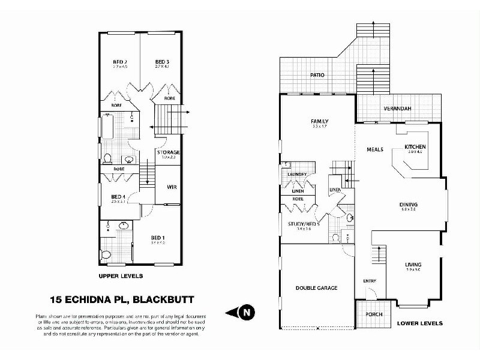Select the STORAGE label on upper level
coord(169,152)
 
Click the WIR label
coord(171,187)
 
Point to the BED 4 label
coord(118,197)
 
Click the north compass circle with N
coord(246,312)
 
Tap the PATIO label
coord(317,76)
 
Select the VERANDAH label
coord(397,109)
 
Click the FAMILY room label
coord(319,122)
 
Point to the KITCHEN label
coord(415,146)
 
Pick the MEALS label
coord(375,149)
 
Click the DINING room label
coord(408,205)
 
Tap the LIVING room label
coord(413,265)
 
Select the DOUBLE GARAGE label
coord(317,288)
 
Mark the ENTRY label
coord(370,281)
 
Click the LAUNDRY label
coord(297,175)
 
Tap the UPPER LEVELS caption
coord(121,276)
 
